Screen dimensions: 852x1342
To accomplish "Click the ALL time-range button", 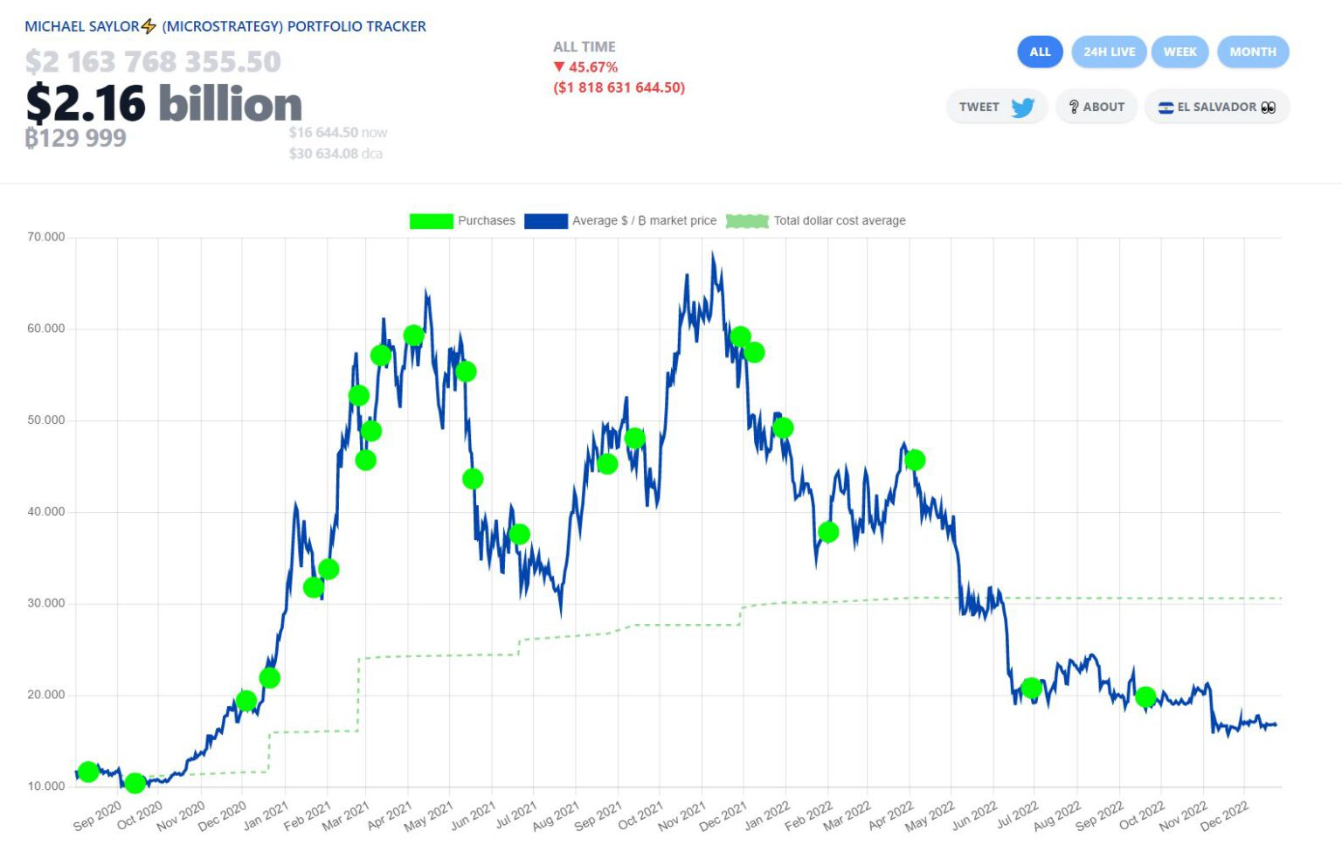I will coord(1040,52).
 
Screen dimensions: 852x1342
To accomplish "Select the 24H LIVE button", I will coord(1109,52).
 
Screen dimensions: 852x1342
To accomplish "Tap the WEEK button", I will coord(1179,52).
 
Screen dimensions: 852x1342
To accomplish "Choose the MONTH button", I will coord(1252,52).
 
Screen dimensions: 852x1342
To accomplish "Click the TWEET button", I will coord(996,107).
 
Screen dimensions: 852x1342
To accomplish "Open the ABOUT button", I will coord(1096,107).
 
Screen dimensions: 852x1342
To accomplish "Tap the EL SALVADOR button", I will coord(1216,107).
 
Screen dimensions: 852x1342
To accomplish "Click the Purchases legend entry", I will coord(462,221).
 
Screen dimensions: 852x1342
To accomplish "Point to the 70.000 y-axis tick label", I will coord(46,237).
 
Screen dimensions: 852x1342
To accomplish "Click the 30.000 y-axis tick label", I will coord(46,603).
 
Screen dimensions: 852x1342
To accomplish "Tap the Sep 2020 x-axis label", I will coord(97,815).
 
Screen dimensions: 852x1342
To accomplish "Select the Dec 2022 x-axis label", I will coord(1224,815).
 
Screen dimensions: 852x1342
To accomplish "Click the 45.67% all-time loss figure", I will coord(592,67).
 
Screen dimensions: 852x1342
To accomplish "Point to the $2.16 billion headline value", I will coord(164,103).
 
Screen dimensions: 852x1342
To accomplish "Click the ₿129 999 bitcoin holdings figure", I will coord(75,138).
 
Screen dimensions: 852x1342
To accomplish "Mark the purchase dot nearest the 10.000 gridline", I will coord(135,783).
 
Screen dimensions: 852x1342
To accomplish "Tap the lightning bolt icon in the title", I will coord(149,26).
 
